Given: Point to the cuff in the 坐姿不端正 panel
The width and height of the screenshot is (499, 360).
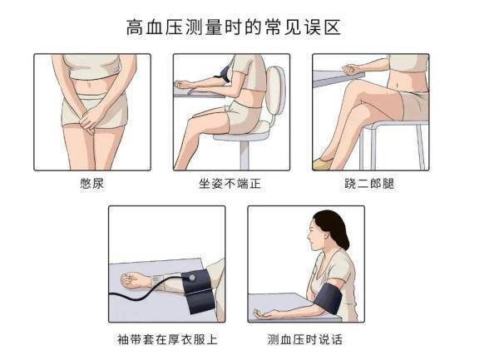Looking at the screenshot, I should [x=224, y=77].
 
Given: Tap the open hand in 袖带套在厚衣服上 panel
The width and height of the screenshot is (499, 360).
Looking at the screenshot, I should [x=136, y=279].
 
